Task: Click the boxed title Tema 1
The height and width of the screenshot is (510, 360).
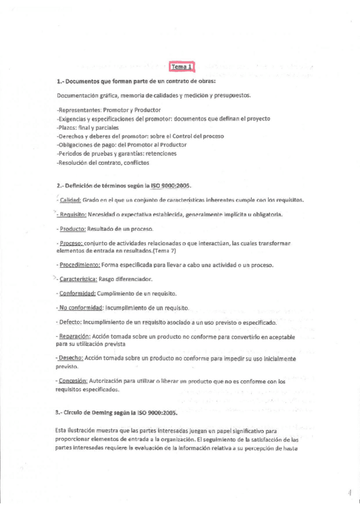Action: pos(182,67)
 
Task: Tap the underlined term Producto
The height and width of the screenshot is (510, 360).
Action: pos(73,229)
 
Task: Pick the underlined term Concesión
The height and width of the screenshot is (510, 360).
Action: pos(74,381)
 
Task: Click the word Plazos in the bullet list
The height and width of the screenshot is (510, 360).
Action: pos(67,127)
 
